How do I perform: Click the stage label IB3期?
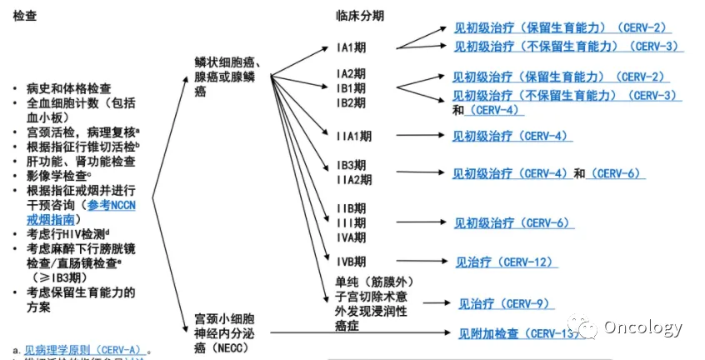351,165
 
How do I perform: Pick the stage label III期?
350,222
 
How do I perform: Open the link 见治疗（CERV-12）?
504,262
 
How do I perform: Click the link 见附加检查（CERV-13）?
517,334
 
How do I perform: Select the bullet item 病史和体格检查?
74,87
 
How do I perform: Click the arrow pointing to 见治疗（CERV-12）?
421,262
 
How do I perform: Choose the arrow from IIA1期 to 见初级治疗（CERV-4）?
418,134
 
